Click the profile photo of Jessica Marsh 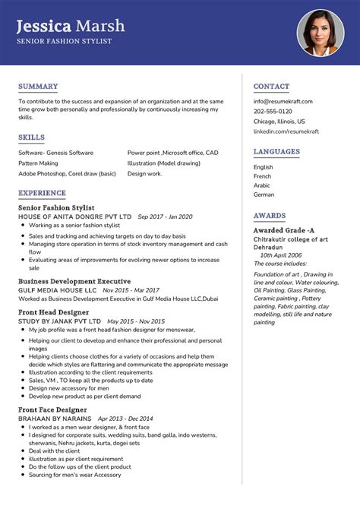pos(320,32)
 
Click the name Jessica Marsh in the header pos(70,26)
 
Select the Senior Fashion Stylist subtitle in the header pos(64,41)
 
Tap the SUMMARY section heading pos(38,87)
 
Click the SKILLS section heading pos(32,138)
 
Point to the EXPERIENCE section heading pos(43,193)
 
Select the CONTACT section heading pos(271,87)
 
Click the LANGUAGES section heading pos(277,152)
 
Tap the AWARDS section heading pos(270,216)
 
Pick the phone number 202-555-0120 pos(273,111)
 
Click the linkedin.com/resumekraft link pos(286,131)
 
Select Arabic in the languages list pos(262,185)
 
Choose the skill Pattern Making pos(38,163)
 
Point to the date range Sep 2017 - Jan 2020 pos(165,217)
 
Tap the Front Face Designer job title pos(52,409)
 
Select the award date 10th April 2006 pos(281,255)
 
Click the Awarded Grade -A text pos(284,230)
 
